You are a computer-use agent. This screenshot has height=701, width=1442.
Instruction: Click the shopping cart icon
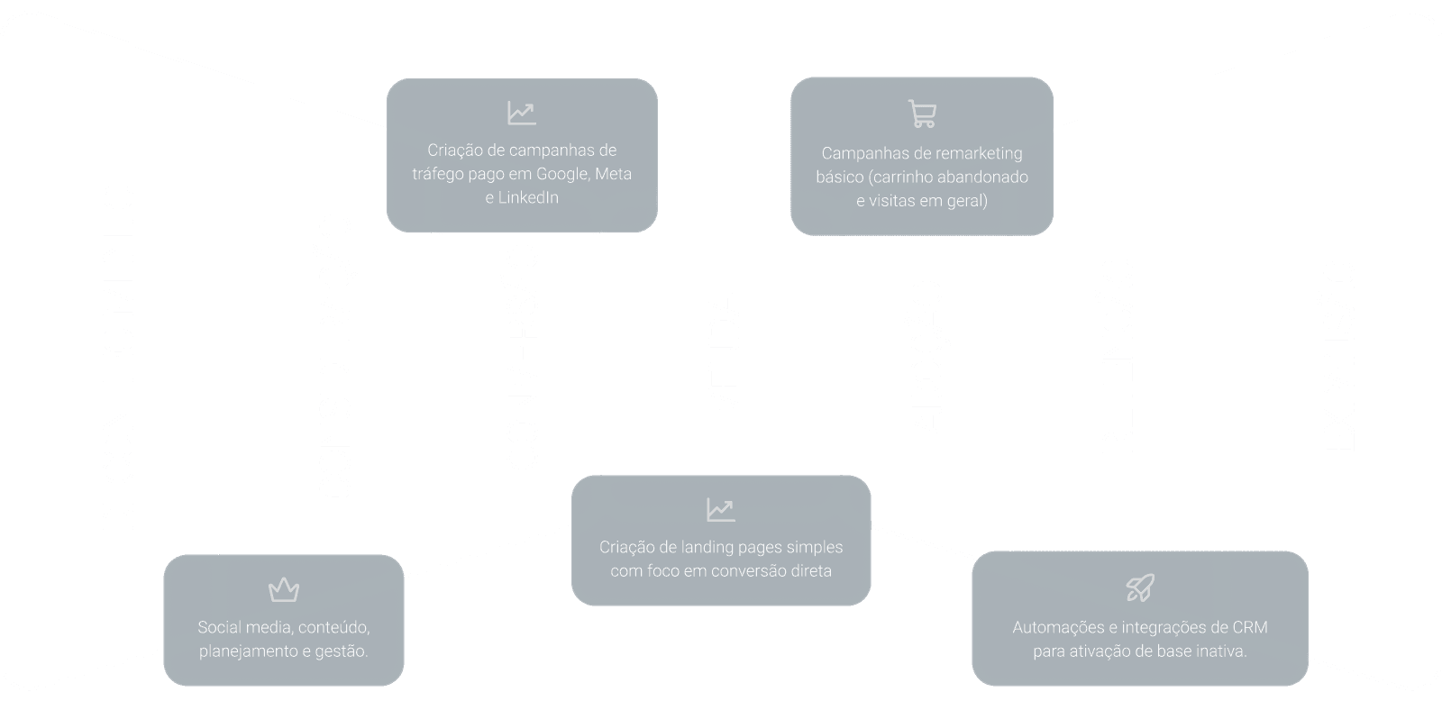point(922,114)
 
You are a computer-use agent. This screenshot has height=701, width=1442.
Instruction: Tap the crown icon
point(284,590)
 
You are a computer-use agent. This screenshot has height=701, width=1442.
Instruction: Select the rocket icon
point(1140,588)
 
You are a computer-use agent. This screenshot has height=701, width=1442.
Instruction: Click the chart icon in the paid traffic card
point(522,113)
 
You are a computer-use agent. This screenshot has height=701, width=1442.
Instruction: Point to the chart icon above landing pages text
point(720,510)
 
